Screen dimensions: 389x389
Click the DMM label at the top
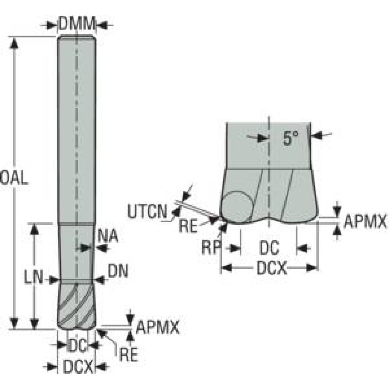[x=77, y=24]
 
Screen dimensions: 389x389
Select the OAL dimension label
[x=14, y=178]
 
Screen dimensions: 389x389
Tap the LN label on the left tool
[x=33, y=277]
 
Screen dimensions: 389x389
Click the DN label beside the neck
[x=118, y=271]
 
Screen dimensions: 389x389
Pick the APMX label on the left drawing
[x=158, y=327]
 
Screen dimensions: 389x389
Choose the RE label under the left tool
[x=128, y=355]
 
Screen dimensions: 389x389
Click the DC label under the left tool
[x=78, y=345]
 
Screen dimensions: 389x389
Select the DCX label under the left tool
[x=78, y=366]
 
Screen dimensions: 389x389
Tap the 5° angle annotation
[x=291, y=138]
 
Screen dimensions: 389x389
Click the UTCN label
[x=148, y=211]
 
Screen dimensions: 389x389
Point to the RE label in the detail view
[x=188, y=226]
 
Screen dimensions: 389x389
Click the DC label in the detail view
[x=269, y=248]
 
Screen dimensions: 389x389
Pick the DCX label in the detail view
[x=271, y=268]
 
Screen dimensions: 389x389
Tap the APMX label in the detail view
[x=365, y=222]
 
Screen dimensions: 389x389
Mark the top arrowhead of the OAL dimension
[x=15, y=43]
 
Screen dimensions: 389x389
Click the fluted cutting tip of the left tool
[x=77, y=306]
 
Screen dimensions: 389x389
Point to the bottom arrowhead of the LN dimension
[x=34, y=323]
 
